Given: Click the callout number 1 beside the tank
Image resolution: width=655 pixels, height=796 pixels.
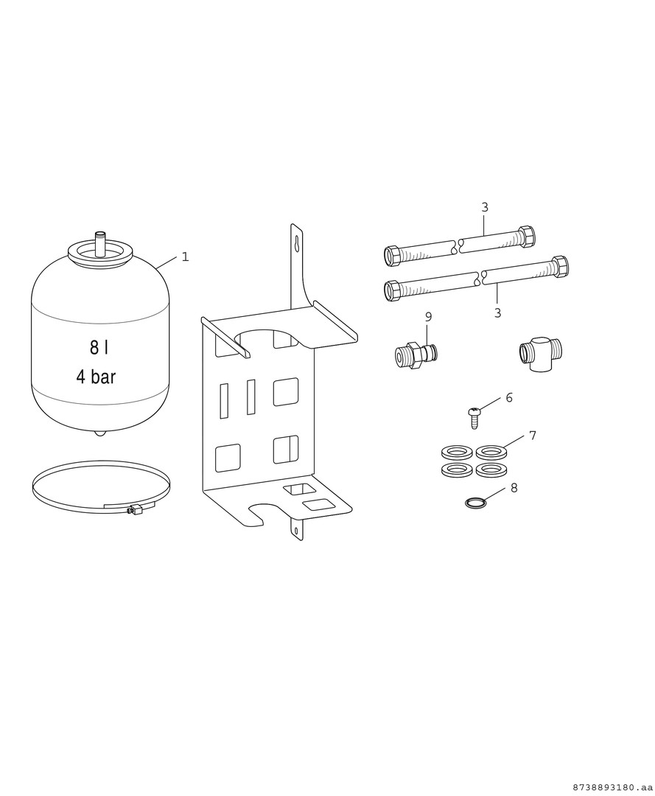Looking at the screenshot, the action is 185,257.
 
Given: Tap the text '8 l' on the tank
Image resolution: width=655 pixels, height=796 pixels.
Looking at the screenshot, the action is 99,348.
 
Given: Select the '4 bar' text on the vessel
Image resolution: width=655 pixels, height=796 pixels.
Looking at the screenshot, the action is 96,377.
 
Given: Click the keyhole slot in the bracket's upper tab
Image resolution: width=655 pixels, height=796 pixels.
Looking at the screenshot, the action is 295,245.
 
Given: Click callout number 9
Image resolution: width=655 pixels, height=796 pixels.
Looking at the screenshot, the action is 428,317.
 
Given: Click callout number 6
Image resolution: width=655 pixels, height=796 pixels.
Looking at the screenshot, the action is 509,397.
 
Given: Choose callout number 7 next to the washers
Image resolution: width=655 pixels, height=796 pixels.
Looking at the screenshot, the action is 532,436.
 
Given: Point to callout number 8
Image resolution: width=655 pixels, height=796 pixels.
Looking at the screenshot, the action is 514,488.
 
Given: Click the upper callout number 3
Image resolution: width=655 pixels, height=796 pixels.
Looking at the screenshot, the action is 485,207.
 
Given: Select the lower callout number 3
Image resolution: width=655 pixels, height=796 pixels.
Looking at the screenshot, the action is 497,313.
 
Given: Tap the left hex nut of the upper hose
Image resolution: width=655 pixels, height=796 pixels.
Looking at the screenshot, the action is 393,255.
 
